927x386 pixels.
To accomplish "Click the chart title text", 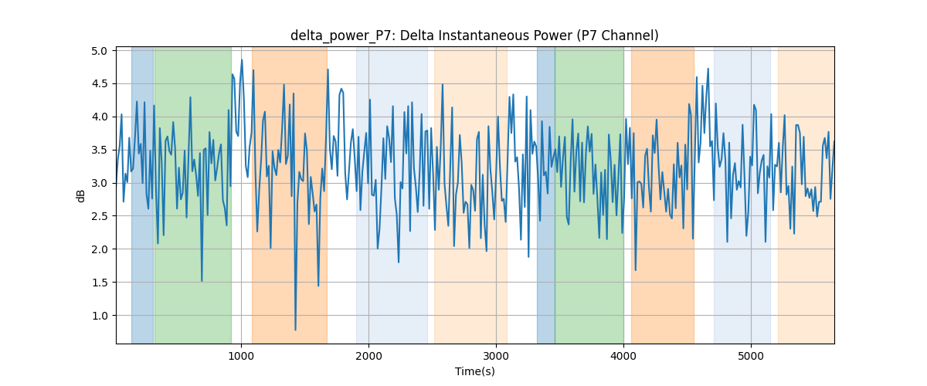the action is [474, 36].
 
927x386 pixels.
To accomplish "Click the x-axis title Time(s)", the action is [474, 371].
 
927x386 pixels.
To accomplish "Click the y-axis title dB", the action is [80, 195].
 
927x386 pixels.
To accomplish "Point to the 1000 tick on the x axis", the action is [241, 356].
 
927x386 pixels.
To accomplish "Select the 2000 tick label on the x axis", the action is [368, 356].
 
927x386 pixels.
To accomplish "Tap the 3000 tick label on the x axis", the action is [496, 356].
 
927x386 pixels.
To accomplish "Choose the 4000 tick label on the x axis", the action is [623, 356].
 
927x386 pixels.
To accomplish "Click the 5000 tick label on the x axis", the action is [751, 356].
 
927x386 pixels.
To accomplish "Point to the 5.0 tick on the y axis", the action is [100, 51].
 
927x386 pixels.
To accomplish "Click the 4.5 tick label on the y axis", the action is [100, 84].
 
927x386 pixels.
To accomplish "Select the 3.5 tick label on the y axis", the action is [100, 151].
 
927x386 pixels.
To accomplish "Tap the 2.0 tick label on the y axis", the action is [100, 249].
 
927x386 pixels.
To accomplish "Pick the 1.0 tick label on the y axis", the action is [100, 316].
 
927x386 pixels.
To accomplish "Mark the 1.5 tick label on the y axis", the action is [100, 283].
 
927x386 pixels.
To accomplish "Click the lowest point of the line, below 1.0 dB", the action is [295, 330].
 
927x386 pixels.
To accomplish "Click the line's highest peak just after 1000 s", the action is [242, 60].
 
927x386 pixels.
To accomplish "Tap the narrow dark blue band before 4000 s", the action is [546, 195].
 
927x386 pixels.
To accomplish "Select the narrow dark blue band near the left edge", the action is [143, 195].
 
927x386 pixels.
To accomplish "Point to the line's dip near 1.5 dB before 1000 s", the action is [202, 281].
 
